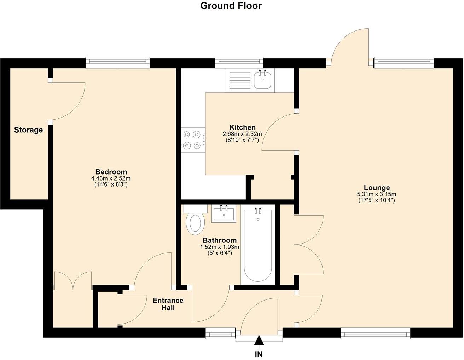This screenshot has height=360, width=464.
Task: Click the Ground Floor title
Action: click(231, 6)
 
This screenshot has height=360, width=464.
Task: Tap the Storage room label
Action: click(28, 130)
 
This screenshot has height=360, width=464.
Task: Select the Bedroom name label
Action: click(111, 172)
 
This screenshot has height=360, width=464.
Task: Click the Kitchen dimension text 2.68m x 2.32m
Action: click(242, 134)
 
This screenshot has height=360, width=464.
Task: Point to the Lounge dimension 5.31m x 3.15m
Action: click(376, 194)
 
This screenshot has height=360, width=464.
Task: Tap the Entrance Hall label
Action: click(168, 304)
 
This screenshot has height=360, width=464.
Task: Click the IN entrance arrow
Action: click(259, 343)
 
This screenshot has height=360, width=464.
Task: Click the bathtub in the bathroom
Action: click(258, 245)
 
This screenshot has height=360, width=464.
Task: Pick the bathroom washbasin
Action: click(224, 213)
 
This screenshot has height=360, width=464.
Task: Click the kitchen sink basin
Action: click(262, 80)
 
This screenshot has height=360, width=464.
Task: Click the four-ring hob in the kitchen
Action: click(193, 140)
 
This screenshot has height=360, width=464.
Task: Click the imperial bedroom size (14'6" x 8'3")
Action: click(111, 184)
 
